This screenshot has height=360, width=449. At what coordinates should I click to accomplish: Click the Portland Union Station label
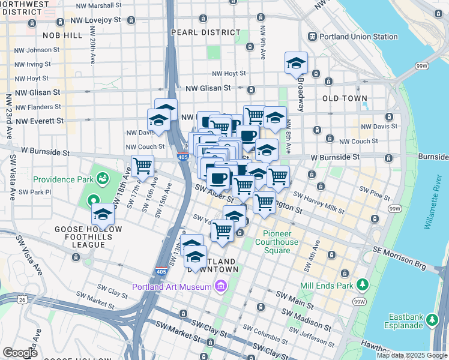pos(358,37)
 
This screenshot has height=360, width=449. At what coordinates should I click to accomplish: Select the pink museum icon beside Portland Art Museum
pos(220,287)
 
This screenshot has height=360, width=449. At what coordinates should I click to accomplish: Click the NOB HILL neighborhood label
pos(59,36)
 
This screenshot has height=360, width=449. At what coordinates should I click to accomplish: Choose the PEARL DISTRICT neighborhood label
pos(200,32)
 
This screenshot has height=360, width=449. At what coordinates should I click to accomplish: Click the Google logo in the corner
pos(20,353)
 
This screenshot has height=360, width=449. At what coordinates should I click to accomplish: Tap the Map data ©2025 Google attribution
pos(412,355)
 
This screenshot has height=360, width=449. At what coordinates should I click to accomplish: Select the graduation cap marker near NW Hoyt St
pos(296,63)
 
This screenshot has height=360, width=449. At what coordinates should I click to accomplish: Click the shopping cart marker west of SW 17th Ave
pos(143,166)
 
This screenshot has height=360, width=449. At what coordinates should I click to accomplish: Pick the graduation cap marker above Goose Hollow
pos(103,214)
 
